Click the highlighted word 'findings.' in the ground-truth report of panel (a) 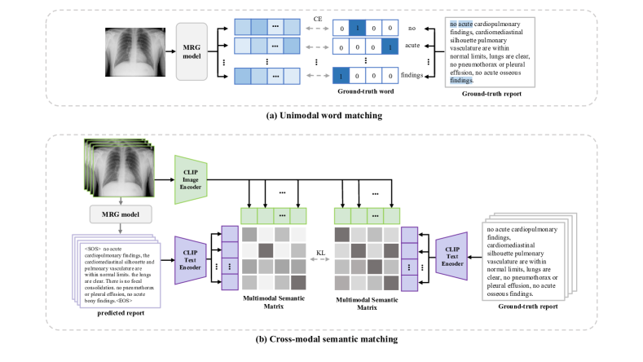462,81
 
